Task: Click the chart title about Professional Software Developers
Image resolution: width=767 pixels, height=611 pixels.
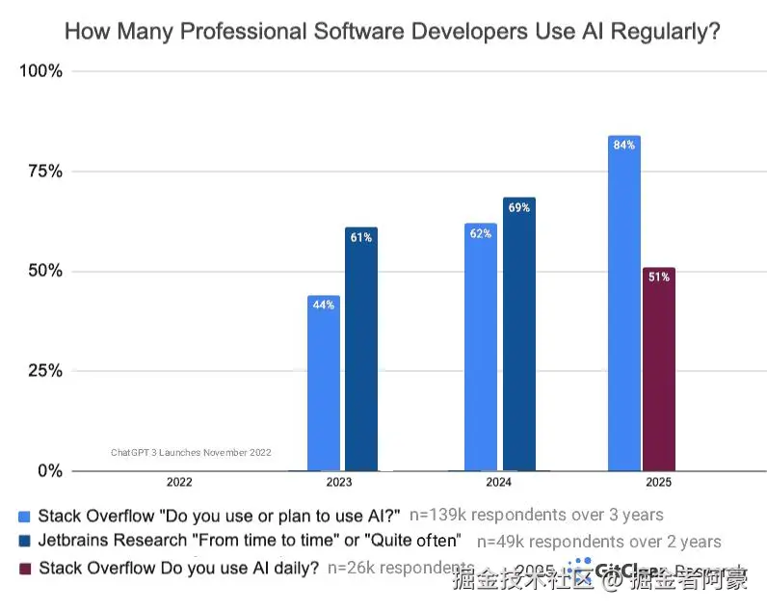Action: [392, 32]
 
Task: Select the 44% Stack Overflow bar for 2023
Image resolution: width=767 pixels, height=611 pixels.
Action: [323, 385]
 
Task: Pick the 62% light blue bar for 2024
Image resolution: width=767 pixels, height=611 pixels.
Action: [481, 347]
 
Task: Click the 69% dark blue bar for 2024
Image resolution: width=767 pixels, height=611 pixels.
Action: [518, 337]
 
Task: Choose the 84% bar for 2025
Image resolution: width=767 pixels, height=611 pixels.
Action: [624, 304]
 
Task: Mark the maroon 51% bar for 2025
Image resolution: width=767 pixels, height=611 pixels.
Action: [659, 371]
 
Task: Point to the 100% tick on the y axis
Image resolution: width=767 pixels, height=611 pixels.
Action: [40, 71]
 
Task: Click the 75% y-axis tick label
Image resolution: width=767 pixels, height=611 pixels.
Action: [43, 172]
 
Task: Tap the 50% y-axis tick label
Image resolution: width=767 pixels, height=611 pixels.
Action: [43, 271]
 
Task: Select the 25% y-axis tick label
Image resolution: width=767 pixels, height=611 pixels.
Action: [43, 371]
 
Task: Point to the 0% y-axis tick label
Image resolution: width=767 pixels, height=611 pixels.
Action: [48, 471]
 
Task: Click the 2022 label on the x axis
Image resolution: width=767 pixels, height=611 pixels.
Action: [179, 482]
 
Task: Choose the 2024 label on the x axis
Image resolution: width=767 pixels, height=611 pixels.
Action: [499, 482]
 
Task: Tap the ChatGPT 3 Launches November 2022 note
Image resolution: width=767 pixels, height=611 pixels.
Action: [191, 452]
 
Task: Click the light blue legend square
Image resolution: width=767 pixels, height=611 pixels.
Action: [25, 517]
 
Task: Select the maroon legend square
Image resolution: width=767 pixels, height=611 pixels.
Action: [25, 570]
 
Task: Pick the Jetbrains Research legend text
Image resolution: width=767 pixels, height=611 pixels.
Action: [250, 542]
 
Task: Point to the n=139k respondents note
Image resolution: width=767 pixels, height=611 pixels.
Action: [537, 515]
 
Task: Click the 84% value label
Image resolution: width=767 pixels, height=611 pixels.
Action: [624, 146]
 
